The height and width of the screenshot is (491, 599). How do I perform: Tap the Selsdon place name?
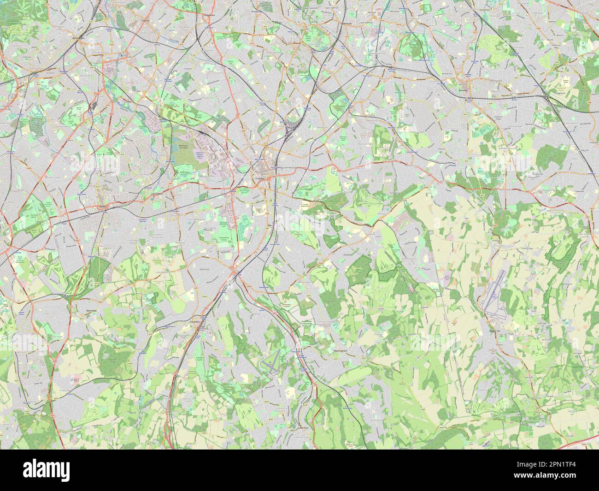347,254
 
